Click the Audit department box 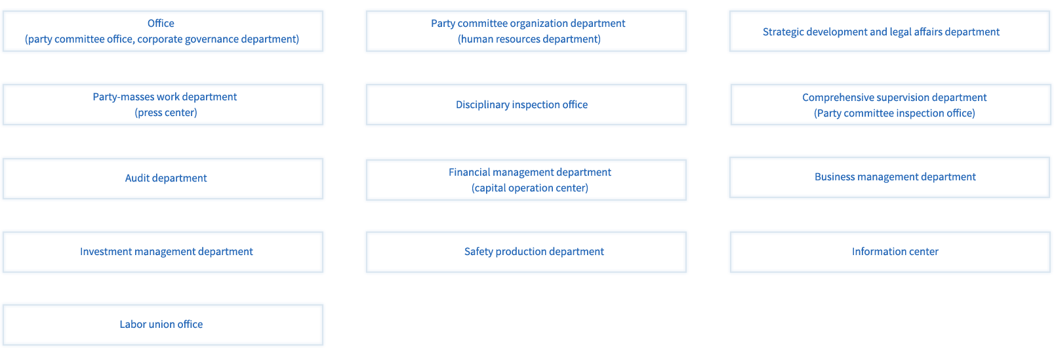[x=163, y=179]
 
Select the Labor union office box [x=163, y=325]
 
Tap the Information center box [x=890, y=252]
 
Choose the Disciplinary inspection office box [x=526, y=105]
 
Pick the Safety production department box [x=526, y=252]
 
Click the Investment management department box [x=163, y=252]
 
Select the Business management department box [x=890, y=178]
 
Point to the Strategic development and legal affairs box [x=890, y=31]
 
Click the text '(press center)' [x=166, y=113]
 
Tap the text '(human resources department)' [x=529, y=39]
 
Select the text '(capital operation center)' [x=530, y=188]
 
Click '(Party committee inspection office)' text [x=895, y=113]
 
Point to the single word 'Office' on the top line [x=161, y=23]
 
